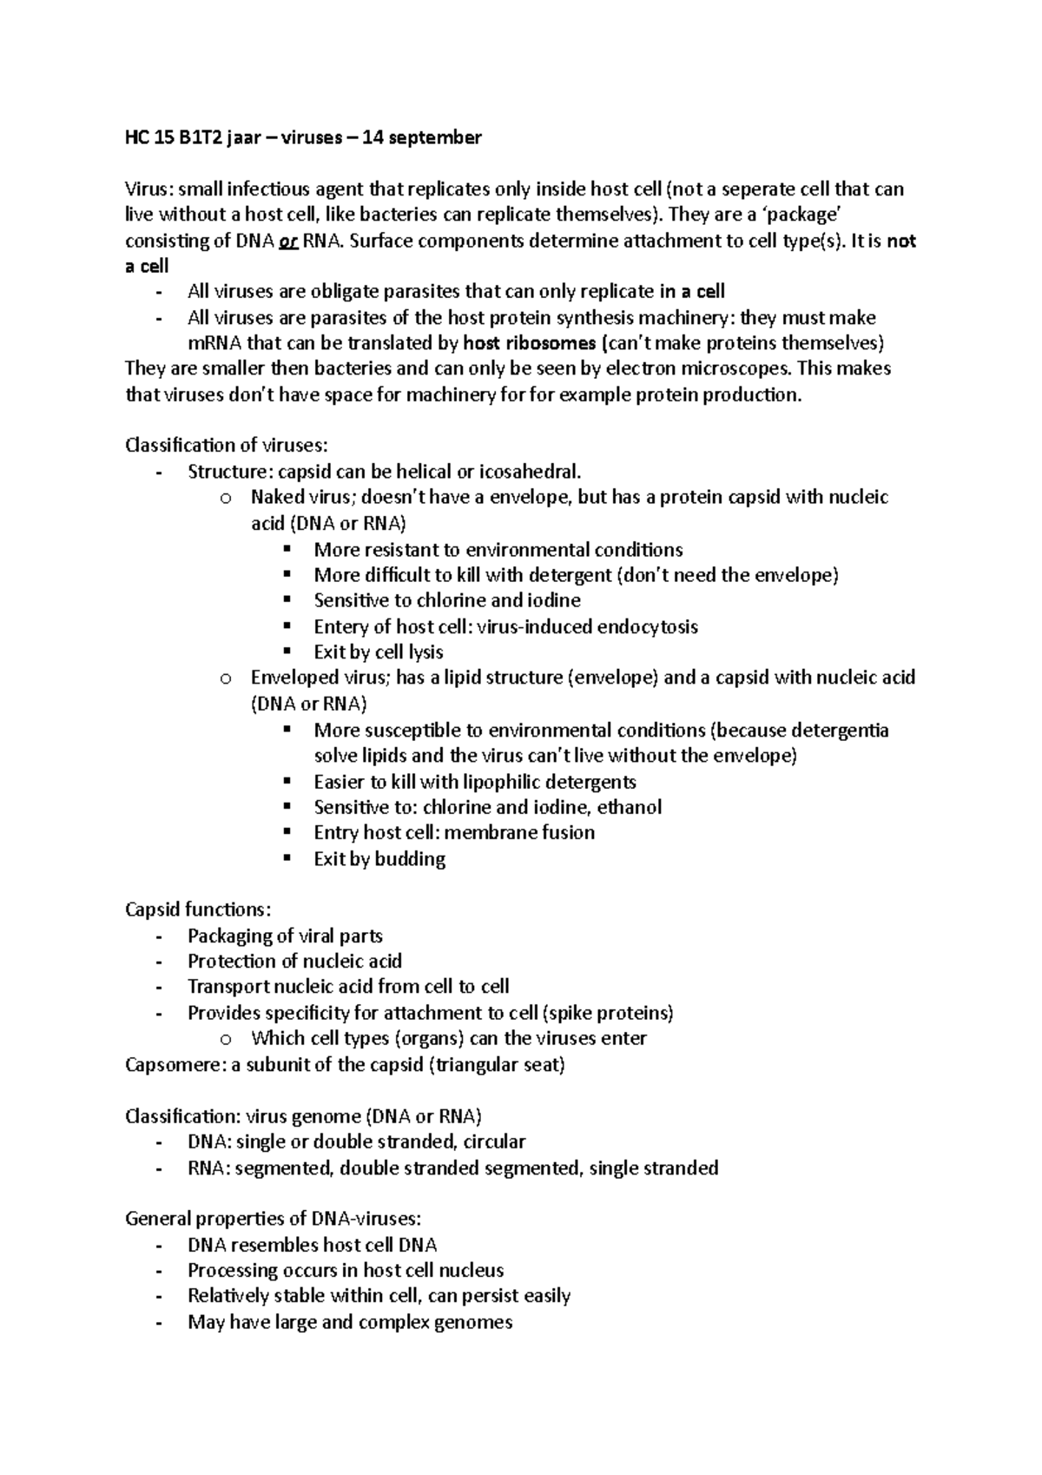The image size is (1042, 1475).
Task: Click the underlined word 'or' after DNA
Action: click(289, 241)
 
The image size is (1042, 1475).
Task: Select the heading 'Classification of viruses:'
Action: click(227, 446)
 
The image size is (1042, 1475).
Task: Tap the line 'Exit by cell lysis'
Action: click(378, 652)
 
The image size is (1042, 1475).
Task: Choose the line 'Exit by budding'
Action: click(379, 859)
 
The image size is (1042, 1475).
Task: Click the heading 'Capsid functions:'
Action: click(198, 909)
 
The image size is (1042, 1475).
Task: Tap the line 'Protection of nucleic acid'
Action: click(294, 961)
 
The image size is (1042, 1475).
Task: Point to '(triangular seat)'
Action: click(497, 1065)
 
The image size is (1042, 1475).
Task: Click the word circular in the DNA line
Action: click(494, 1141)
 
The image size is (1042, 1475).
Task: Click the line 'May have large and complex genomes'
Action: click(350, 1322)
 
